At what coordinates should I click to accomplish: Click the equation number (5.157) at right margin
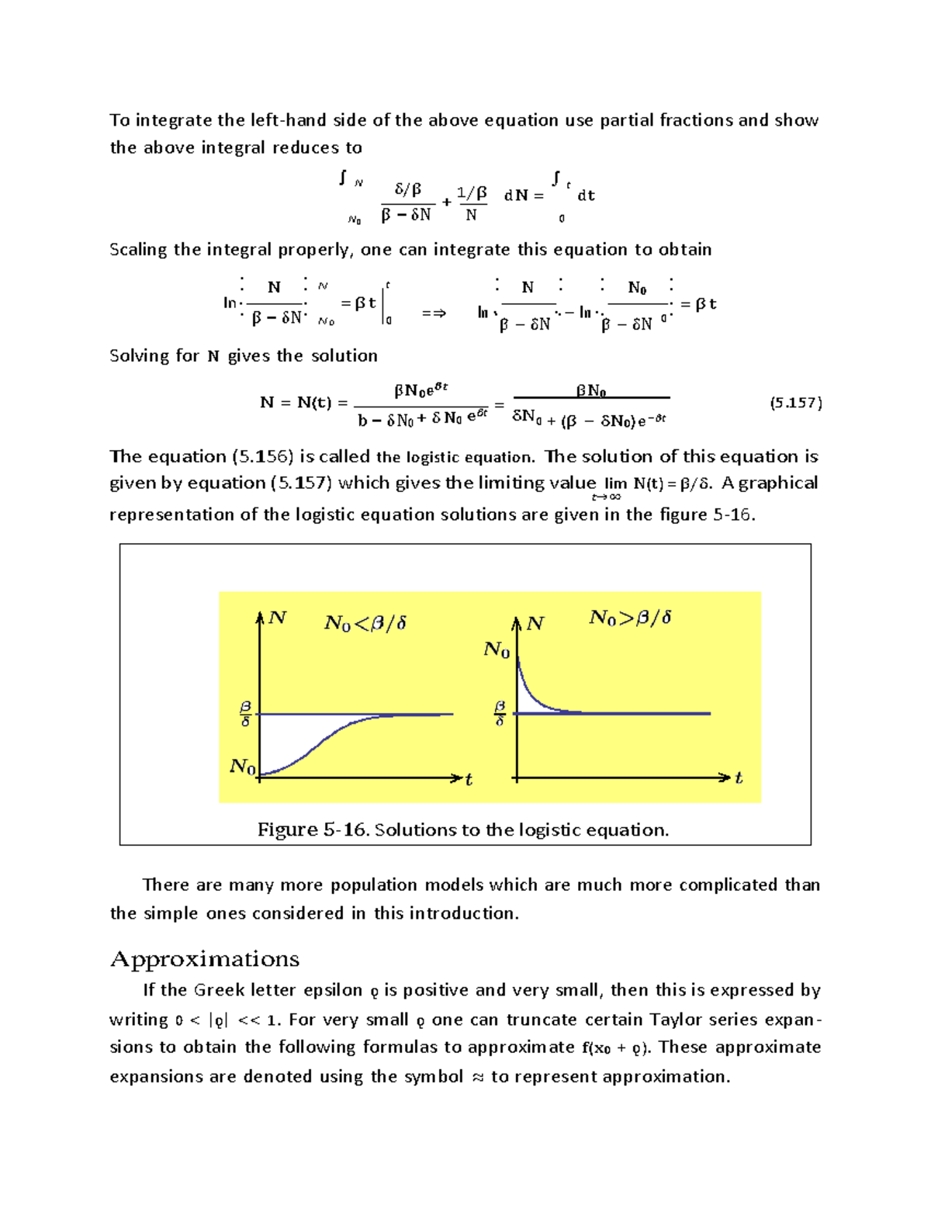795,403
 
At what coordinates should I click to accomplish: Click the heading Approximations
205,959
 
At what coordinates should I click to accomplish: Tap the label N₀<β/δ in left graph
365,623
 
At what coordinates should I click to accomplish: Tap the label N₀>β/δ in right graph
630,618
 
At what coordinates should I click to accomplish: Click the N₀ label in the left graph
242,767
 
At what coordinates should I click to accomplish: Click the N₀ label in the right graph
497,649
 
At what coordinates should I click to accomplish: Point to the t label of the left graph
469,780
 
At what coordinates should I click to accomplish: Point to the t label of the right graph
739,777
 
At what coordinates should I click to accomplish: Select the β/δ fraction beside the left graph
245,714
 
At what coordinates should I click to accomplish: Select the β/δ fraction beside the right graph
500,714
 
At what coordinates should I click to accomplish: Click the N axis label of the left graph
277,618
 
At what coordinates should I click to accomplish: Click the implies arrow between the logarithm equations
434,313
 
